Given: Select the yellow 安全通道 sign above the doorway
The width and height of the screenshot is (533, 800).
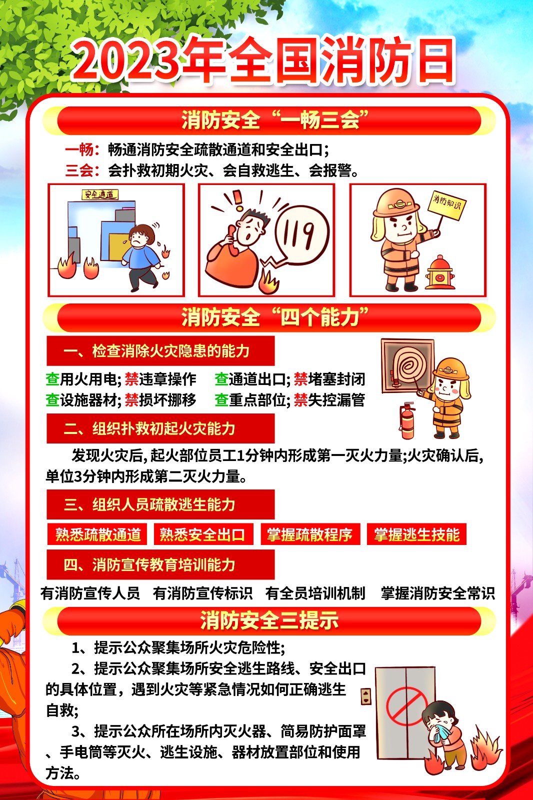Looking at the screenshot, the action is [x=100, y=194].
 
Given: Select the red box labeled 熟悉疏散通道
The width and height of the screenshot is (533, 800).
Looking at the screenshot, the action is [x=97, y=534].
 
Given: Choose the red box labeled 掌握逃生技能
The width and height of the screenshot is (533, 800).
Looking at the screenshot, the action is [x=416, y=534].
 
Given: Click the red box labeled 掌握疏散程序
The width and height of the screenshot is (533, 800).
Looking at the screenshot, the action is [x=310, y=534].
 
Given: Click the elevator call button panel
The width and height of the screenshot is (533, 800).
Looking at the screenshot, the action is [x=366, y=696].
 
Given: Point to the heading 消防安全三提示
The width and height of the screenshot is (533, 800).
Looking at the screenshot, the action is [x=269, y=620].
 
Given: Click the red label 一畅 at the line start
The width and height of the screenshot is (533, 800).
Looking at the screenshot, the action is [x=79, y=149].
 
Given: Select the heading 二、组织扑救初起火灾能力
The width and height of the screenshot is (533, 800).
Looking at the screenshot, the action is [x=149, y=428].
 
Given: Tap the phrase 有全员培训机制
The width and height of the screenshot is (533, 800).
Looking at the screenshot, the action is [x=315, y=593].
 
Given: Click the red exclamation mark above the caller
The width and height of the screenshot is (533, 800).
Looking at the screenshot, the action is [x=237, y=199].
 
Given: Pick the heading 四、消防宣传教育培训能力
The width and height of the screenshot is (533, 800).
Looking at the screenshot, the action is [x=149, y=564].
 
